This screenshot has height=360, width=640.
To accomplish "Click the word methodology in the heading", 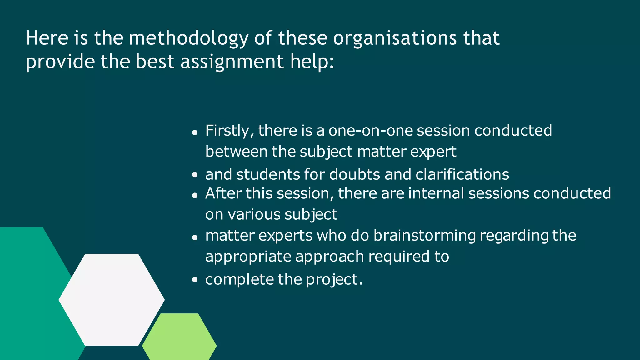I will pyautogui.click(x=188, y=38).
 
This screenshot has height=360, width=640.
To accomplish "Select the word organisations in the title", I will pyautogui.click(x=395, y=38).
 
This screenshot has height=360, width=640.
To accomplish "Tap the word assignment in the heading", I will pyautogui.click(x=232, y=62).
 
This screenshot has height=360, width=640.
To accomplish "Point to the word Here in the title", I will pyautogui.click(x=47, y=38).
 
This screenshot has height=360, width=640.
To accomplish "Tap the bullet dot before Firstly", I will pyautogui.click(x=195, y=132).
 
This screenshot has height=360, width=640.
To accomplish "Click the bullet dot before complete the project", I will pyautogui.click(x=195, y=280).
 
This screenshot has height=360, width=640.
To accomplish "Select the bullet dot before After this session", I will pyautogui.click(x=195, y=196).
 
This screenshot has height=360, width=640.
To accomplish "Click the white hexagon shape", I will pyautogui.click(x=112, y=300).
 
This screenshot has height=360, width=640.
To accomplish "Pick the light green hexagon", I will pyautogui.click(x=179, y=337).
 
